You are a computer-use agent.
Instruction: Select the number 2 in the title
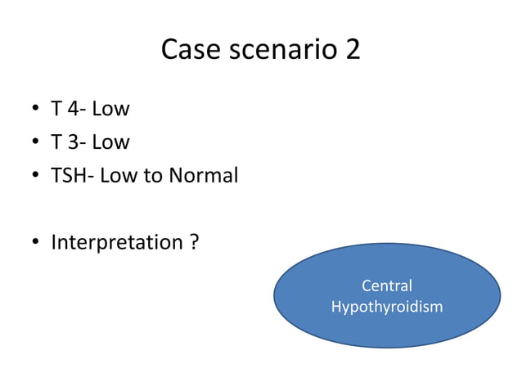353,50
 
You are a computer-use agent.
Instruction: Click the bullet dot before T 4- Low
36,110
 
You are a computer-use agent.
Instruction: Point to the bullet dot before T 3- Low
36,143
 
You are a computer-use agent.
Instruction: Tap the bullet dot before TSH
36,177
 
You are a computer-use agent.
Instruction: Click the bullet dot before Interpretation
36,244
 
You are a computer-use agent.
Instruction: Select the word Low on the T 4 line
111,109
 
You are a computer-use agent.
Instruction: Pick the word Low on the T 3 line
111,142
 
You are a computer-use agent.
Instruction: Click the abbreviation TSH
68,176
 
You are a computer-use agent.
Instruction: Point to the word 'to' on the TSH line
153,176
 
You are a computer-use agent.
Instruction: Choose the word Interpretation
115,243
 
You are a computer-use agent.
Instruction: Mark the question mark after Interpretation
194,243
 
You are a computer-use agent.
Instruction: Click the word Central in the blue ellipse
386,286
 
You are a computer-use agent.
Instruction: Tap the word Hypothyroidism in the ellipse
386,307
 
